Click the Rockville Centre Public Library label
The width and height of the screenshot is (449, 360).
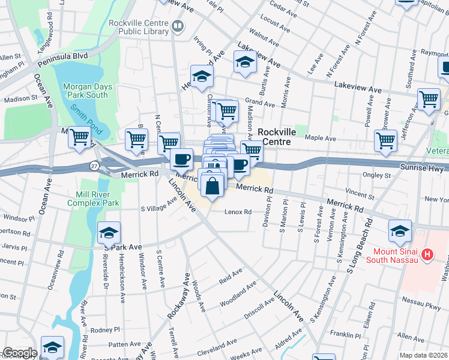click(137, 27)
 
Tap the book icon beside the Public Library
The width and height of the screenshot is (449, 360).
click(177, 26)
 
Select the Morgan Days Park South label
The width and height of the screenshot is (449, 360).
click(86, 91)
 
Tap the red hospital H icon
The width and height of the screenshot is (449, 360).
click(427, 255)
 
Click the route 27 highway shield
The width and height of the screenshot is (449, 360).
click(94, 166)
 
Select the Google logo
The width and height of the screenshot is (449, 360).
click(20, 353)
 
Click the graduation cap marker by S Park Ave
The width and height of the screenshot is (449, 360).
click(109, 233)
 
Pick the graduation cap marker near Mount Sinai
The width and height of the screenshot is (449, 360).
click(400, 230)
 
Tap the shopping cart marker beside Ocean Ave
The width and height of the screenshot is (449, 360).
click(79, 137)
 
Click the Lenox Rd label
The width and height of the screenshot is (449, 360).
click(238, 212)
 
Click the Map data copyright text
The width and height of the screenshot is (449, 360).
click(423, 355)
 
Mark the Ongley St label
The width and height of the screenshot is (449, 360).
click(377, 176)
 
